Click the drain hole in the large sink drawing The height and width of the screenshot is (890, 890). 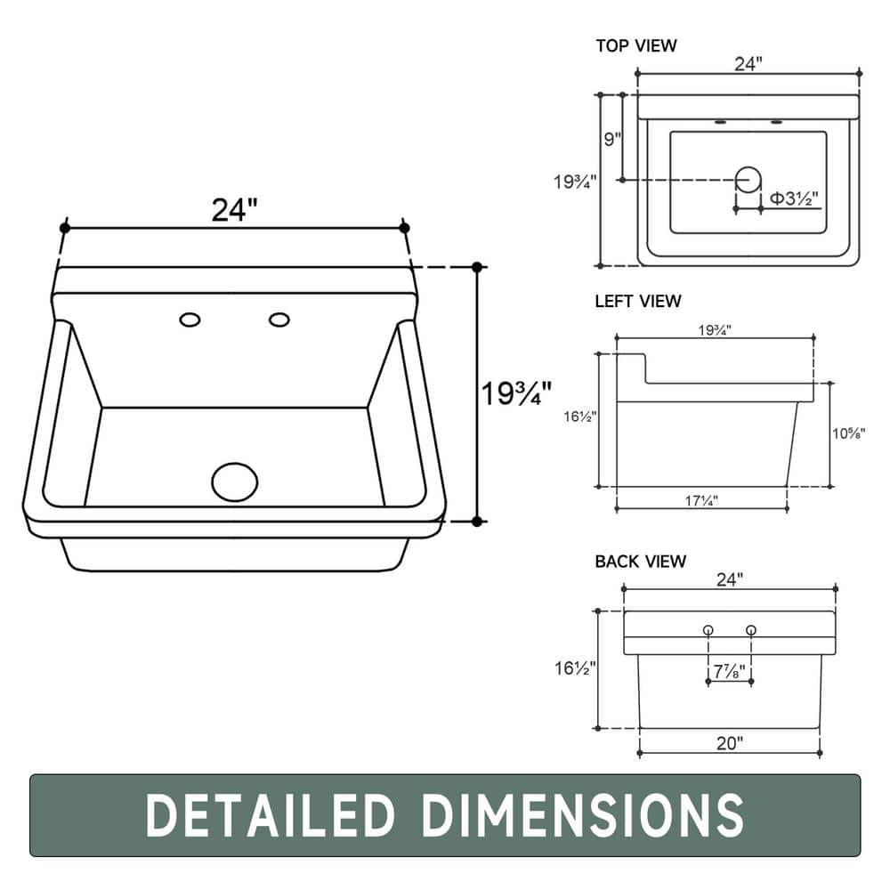coord(234,481)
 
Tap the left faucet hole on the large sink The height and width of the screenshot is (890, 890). coord(190,320)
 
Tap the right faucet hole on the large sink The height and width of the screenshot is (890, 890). coord(279,320)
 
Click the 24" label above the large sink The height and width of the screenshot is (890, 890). coord(234,209)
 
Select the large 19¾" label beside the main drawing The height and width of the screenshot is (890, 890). coord(516,392)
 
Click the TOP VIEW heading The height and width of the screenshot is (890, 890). coord(636,45)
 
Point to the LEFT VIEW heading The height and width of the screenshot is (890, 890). coord(638,301)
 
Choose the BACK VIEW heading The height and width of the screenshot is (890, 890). coord(640,562)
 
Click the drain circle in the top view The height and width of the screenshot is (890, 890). coord(748,180)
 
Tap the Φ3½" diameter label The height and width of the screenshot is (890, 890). coord(794,198)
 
